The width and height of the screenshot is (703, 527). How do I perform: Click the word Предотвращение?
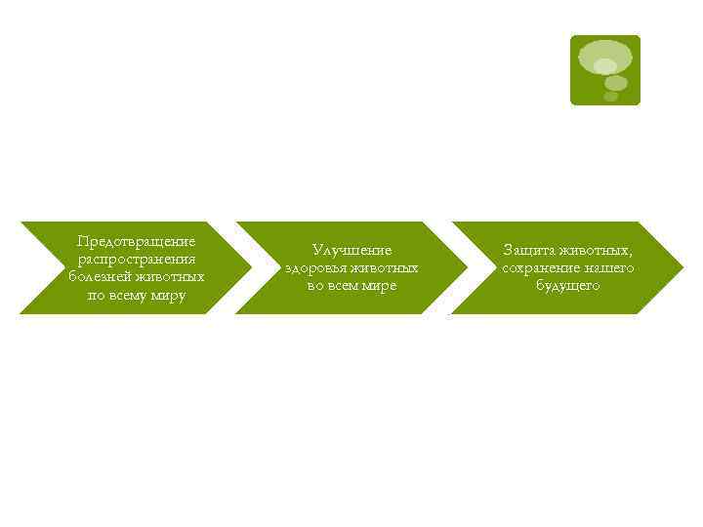tap(137, 242)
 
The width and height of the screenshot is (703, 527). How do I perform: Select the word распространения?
tap(137, 260)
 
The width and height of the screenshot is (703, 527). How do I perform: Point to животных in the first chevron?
tap(172, 277)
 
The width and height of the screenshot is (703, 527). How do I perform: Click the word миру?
tap(167, 295)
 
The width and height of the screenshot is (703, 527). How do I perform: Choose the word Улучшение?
tap(351, 251)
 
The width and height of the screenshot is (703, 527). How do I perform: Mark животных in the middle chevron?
tap(386, 268)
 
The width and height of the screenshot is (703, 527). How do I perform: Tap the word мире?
tap(379, 286)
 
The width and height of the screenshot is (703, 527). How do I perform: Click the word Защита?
tap(527, 251)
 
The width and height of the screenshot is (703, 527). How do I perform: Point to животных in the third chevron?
tap(599, 251)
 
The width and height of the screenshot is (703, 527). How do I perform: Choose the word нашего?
tap(609, 268)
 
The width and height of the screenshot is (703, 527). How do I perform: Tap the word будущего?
tap(567, 286)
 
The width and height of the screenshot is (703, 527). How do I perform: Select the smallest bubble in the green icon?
tap(611, 96)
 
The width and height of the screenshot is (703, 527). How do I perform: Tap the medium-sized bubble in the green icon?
tap(615, 82)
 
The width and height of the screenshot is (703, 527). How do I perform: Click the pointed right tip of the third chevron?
tap(681, 267)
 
